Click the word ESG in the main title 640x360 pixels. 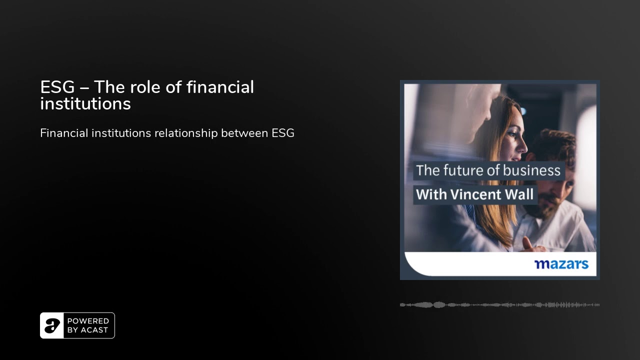57,87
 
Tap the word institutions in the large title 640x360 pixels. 85,103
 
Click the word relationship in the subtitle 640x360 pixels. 186,133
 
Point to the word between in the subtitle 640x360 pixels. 244,133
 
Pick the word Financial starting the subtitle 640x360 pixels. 64,133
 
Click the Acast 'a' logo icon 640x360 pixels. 52,325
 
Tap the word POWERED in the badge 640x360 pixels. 88,321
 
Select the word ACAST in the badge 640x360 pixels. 94,330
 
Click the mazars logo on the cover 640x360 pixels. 561,264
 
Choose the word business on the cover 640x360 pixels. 531,170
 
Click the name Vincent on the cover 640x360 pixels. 475,194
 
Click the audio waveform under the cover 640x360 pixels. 499,305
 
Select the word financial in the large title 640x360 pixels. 220,87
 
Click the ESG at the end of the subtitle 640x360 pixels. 283,133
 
